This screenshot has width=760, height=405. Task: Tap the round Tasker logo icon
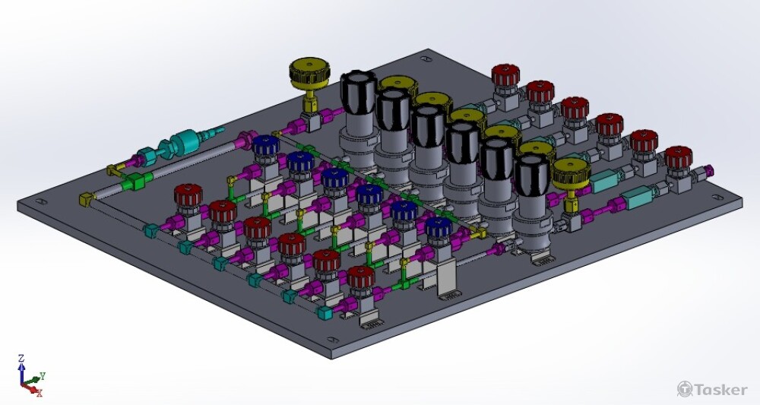point(685,388)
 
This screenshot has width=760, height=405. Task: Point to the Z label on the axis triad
point(21,359)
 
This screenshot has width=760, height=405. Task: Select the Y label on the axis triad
point(43,375)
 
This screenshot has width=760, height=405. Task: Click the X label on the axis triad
point(40,392)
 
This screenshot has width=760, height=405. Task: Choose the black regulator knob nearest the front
point(532,176)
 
